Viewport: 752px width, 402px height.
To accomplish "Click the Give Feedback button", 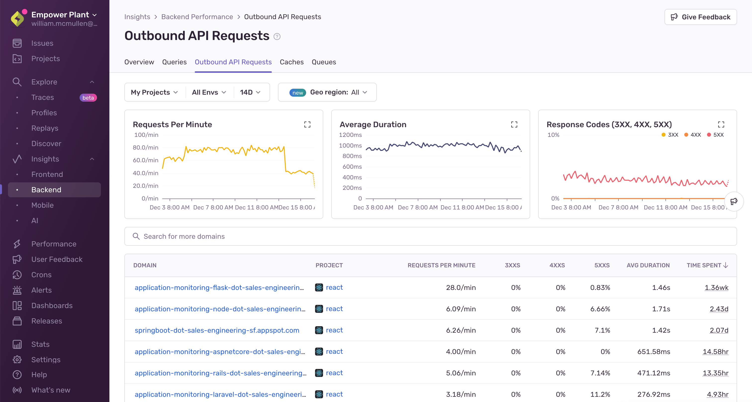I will coord(700,17).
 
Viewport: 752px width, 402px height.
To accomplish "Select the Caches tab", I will coord(291,62).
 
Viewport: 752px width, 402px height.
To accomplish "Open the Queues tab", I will coord(324,62).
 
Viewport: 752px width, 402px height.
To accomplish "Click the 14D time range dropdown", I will coord(250,92).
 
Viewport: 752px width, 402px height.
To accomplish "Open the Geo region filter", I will coord(327,92).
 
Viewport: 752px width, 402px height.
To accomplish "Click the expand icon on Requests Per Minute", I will coord(307,124).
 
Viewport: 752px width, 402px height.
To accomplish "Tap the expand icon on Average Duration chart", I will coord(514,124).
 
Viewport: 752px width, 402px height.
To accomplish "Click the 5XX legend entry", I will coord(715,135).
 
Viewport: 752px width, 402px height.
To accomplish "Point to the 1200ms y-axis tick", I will coord(350,135).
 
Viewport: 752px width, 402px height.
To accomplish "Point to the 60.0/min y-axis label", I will coord(145,160).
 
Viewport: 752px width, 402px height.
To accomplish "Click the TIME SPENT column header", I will coord(707,265).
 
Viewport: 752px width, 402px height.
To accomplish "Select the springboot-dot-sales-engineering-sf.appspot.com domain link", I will coord(217,330).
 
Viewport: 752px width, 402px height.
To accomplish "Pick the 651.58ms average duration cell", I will coord(653,352).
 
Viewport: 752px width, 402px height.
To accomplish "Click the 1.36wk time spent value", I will coord(716,288).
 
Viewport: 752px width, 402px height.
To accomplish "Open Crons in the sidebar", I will coord(41,275).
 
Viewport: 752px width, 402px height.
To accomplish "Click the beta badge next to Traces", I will coord(88,98).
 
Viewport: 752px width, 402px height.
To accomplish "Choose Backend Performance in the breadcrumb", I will coord(197,17).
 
